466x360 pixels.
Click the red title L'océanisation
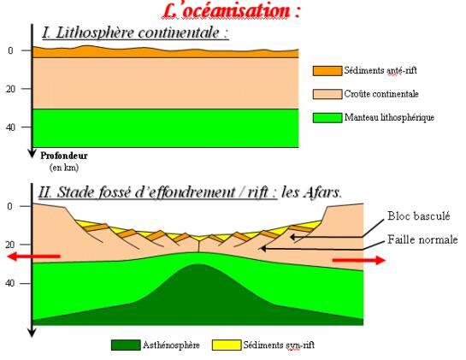(231, 11)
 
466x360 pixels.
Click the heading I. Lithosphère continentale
(135, 32)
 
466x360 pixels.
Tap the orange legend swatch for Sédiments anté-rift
(327, 71)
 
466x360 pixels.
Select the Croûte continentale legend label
(381, 94)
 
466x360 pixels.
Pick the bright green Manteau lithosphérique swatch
(327, 118)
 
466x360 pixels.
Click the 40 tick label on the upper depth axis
(10, 127)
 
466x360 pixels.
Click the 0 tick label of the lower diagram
(10, 206)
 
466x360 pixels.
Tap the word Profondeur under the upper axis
(64, 156)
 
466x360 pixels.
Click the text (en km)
(64, 168)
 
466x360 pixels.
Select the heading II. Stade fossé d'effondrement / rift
(157, 192)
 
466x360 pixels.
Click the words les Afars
(311, 192)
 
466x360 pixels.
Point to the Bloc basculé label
(418, 215)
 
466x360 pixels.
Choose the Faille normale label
(422, 239)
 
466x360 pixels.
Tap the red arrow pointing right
(359, 260)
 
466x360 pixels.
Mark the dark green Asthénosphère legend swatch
(126, 345)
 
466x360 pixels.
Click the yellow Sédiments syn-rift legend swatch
(227, 345)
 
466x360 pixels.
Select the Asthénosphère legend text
(171, 345)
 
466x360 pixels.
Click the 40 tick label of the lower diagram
(9, 283)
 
